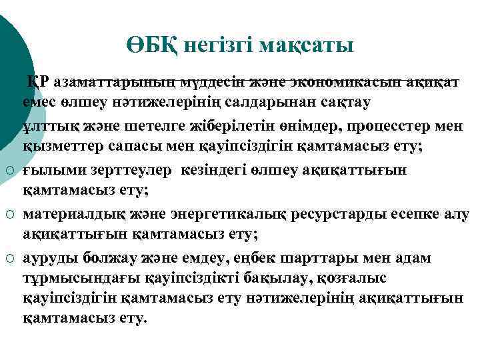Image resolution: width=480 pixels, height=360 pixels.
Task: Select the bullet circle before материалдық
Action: tap(11, 215)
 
